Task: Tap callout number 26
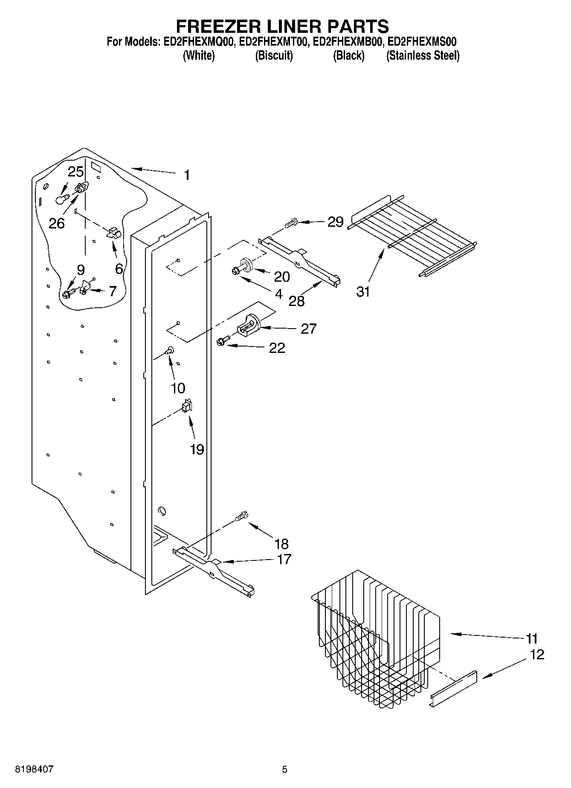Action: click(x=57, y=223)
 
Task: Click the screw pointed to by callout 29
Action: click(x=292, y=223)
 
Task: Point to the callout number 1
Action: click(x=187, y=175)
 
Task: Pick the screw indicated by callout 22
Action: click(x=222, y=341)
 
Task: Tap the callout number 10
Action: click(x=178, y=388)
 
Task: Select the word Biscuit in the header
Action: click(x=274, y=55)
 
